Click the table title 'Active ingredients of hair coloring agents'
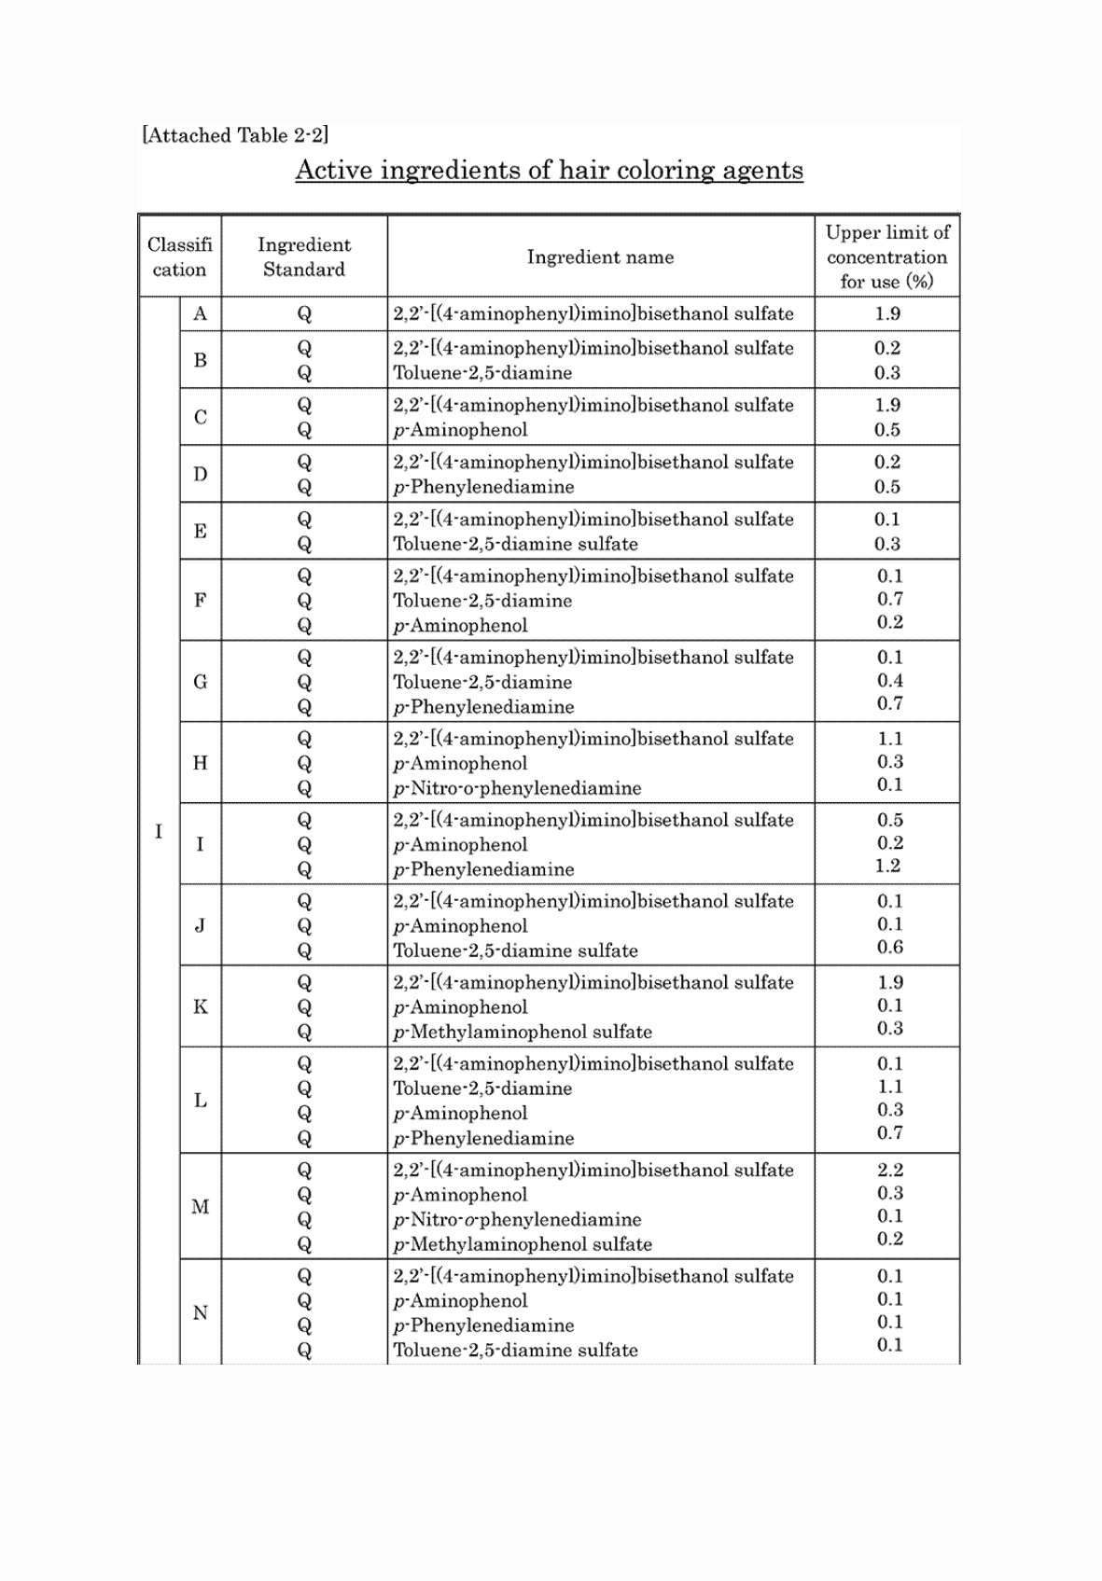tap(549, 171)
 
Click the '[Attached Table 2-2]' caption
tap(235, 135)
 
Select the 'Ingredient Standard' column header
tap(303, 257)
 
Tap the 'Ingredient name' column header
tap(600, 257)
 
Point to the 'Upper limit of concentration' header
tap(886, 257)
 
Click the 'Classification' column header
tap(179, 257)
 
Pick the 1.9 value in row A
tap(887, 313)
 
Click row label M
tap(200, 1207)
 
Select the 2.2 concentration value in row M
tap(889, 1170)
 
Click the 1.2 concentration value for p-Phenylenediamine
tap(887, 866)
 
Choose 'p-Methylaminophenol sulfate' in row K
tap(523, 1033)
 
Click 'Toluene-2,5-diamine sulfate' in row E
tap(515, 544)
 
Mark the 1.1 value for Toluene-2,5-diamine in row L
tap(889, 1087)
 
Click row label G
tap(200, 682)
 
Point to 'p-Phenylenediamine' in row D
tap(483, 487)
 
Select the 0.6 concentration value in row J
tap(889, 947)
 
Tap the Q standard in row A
tap(303, 314)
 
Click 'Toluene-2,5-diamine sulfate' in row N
tap(515, 1350)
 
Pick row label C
tap(200, 417)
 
